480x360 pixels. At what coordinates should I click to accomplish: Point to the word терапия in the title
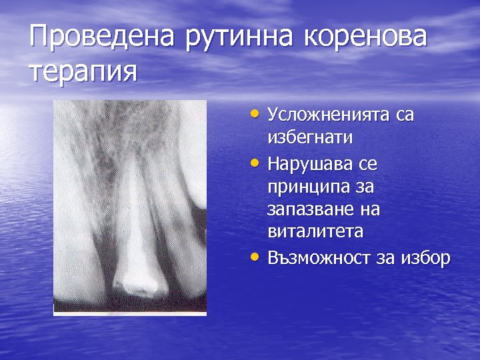pos(83,71)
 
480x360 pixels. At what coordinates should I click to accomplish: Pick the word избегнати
pos(310,138)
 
